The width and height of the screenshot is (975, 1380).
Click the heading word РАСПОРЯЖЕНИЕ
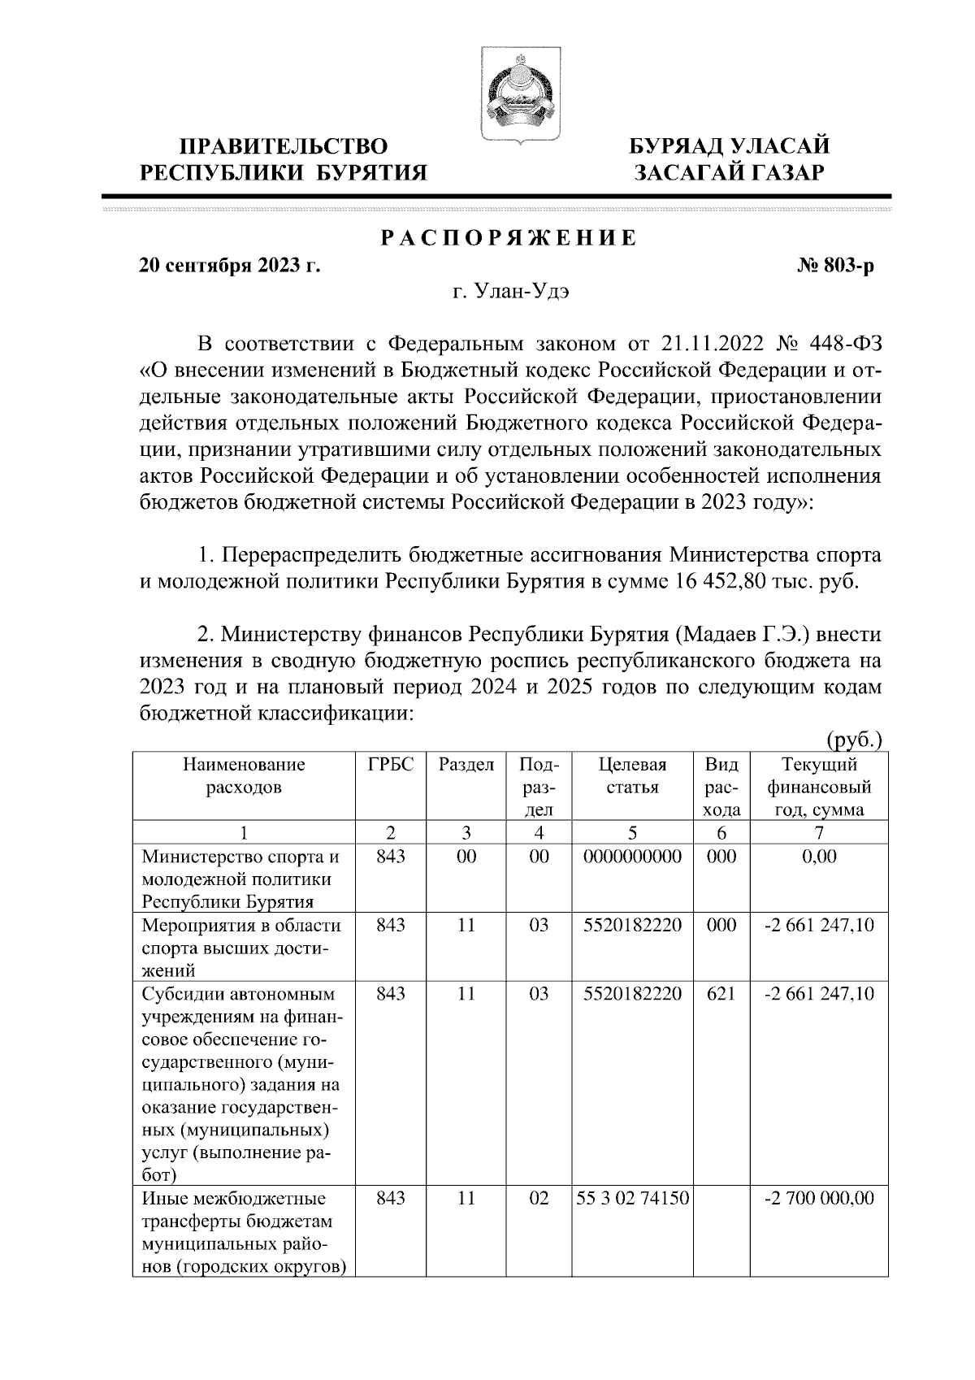tap(509, 238)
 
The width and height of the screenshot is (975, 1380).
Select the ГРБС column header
tap(391, 765)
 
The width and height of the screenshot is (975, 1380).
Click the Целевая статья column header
tap(632, 776)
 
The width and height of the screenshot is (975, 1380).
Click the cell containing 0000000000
tap(632, 857)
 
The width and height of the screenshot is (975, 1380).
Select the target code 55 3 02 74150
tap(632, 1199)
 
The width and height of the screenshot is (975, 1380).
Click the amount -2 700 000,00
tap(819, 1199)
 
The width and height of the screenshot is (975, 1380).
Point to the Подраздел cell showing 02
tap(539, 1199)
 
